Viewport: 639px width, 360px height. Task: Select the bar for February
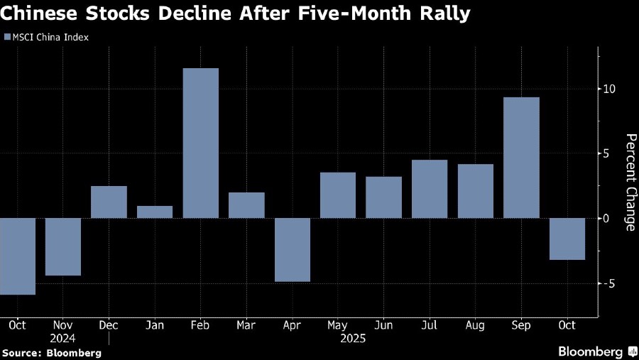(200, 143)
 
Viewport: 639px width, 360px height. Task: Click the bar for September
(521, 158)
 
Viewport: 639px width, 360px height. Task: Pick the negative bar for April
(293, 249)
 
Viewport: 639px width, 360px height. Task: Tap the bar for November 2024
(63, 246)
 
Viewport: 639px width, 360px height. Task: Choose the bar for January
(155, 212)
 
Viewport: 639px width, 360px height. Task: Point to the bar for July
(430, 189)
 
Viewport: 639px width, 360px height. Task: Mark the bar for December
(109, 202)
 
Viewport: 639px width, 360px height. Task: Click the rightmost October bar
(567, 239)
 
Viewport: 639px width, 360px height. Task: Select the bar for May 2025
(338, 195)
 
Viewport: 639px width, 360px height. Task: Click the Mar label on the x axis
(246, 325)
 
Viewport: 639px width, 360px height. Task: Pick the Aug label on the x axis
(475, 325)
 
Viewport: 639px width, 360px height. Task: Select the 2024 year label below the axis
(63, 339)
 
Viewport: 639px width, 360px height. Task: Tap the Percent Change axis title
(629, 182)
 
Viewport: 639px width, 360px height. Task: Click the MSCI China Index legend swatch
(6, 38)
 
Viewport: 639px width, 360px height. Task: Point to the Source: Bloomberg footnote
(51, 352)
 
